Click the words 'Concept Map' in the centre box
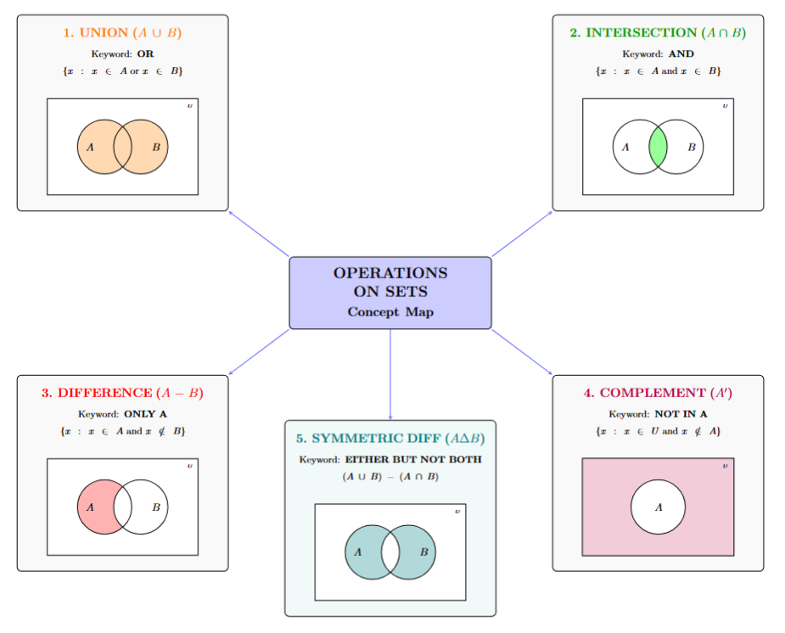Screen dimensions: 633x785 tap(390, 312)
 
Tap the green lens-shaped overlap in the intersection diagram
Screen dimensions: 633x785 tap(658, 147)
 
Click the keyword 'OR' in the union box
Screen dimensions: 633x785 tap(145, 53)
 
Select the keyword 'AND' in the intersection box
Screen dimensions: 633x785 tap(681, 53)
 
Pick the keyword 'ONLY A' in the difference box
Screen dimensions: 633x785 tap(145, 415)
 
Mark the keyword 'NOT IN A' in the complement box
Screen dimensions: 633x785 tap(681, 415)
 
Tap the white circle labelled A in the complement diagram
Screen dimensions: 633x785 tap(658, 507)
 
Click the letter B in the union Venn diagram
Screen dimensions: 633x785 tap(155, 147)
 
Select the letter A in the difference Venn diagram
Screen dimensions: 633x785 tap(90, 507)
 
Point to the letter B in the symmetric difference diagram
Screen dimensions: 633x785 tap(423, 552)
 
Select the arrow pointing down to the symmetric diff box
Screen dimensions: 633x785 tap(390, 373)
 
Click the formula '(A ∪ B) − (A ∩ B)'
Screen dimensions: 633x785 tap(390, 477)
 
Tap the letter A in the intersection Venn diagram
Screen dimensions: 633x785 tap(625, 147)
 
